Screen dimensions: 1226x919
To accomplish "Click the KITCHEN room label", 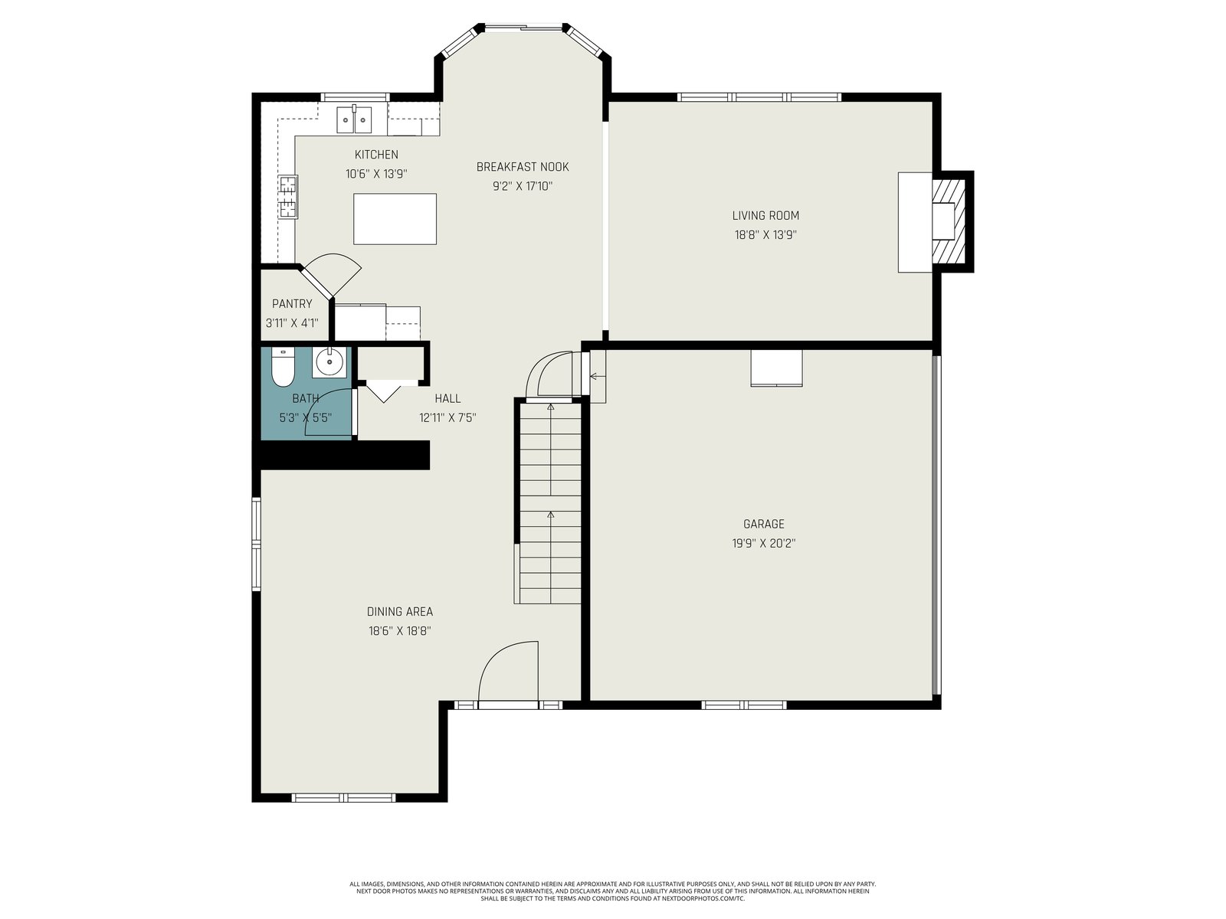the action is [376, 155].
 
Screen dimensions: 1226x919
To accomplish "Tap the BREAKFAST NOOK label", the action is [523, 167].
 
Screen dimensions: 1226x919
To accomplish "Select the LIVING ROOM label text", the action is [765, 215].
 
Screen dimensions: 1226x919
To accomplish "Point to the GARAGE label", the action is [763, 524].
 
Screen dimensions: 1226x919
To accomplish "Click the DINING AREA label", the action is [399, 612].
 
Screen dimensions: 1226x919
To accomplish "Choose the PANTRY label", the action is [292, 303].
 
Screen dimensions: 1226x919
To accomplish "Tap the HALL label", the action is [447, 398].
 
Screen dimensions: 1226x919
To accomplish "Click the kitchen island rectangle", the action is [395, 219].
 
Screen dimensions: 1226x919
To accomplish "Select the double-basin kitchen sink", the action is [354, 119].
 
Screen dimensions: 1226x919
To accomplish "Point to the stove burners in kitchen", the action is [288, 196].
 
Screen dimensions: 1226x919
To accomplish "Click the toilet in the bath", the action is [284, 368].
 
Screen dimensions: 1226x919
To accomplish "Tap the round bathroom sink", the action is [329, 362].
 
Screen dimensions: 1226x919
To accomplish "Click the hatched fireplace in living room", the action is [949, 221].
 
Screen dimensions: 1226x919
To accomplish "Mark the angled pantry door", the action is [330, 276].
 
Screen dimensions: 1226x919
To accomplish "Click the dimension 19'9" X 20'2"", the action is [763, 544].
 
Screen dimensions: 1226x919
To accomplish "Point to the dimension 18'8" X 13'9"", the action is [765, 235].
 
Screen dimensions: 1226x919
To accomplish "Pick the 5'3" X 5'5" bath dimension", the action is [306, 417].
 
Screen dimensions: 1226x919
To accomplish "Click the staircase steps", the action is [550, 503].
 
